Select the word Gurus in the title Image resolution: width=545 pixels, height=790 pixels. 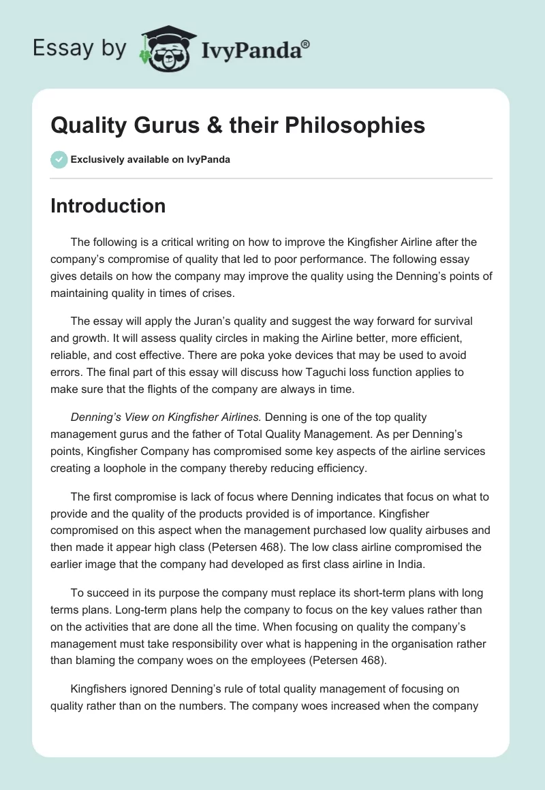pyautogui.click(x=160, y=125)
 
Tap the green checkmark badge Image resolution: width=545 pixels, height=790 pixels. pyautogui.click(x=59, y=159)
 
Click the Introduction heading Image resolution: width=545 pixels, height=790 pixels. pyautogui.click(x=108, y=206)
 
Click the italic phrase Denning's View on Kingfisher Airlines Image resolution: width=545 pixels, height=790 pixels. pyautogui.click(x=161, y=417)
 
